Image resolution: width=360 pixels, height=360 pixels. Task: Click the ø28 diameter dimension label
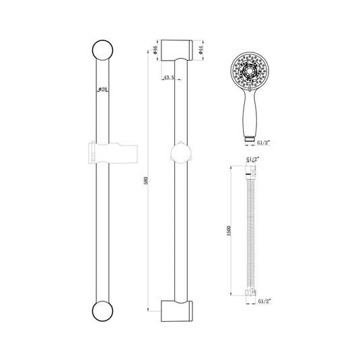(103, 89)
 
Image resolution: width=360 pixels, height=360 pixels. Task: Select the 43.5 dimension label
(169, 77)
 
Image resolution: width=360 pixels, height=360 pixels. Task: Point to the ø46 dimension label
(155, 50)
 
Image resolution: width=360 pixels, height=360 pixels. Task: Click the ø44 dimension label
(201, 50)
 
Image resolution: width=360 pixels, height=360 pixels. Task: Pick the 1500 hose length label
(228, 231)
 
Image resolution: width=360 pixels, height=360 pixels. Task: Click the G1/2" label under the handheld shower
(263, 143)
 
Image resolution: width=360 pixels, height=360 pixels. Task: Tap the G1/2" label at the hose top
(253, 159)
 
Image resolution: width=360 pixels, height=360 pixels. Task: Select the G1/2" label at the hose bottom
(265, 301)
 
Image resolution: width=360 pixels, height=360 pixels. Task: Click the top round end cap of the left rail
(103, 50)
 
